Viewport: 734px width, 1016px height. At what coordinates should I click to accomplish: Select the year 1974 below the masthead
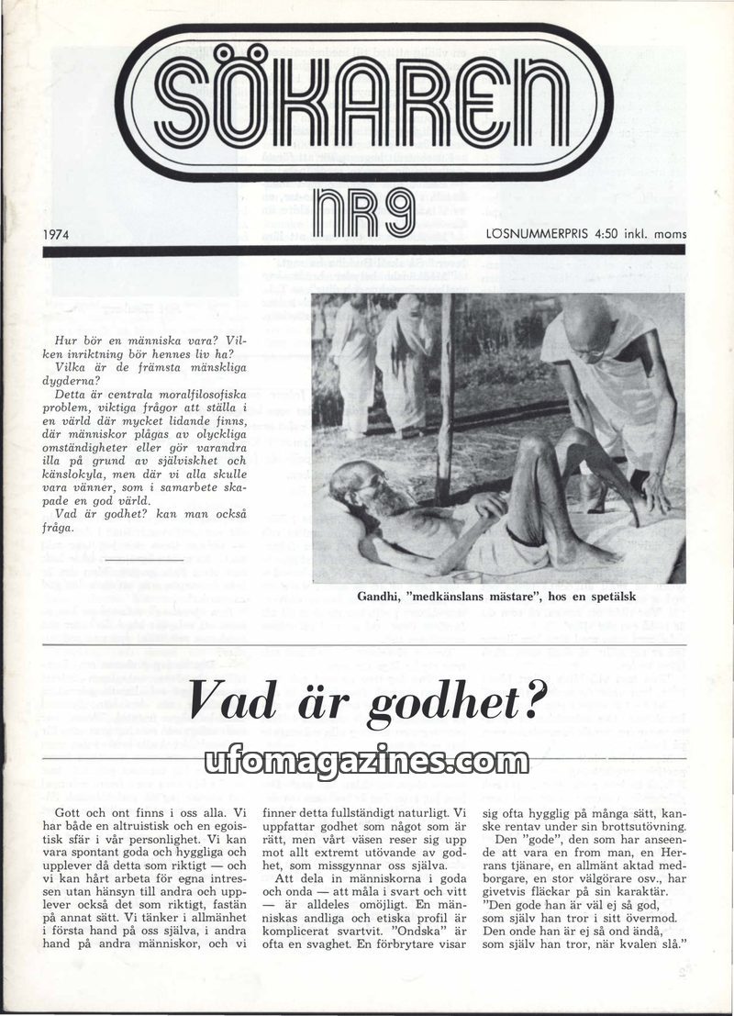[x=59, y=234]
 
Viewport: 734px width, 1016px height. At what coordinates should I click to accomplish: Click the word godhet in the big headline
[x=439, y=702]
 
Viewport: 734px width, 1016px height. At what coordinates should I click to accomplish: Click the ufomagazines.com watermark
[x=367, y=761]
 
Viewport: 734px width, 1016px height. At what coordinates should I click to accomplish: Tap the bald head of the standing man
[x=584, y=321]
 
